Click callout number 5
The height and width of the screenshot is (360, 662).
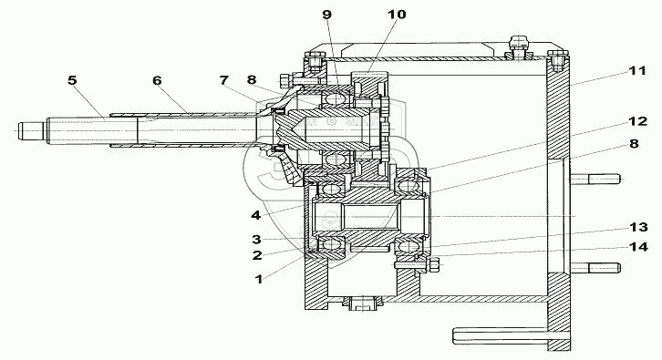point(72,80)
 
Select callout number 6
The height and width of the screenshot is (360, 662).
point(157,80)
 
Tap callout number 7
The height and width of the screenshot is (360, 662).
point(223,80)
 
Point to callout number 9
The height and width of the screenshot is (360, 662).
point(326,15)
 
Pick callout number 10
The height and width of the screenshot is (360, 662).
point(397,15)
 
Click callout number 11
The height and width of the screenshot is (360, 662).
point(637,70)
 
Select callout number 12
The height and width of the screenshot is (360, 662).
point(638,121)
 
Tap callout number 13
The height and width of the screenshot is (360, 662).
point(638,227)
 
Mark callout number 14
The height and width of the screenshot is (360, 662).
point(638,246)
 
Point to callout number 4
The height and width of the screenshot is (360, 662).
point(256,215)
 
